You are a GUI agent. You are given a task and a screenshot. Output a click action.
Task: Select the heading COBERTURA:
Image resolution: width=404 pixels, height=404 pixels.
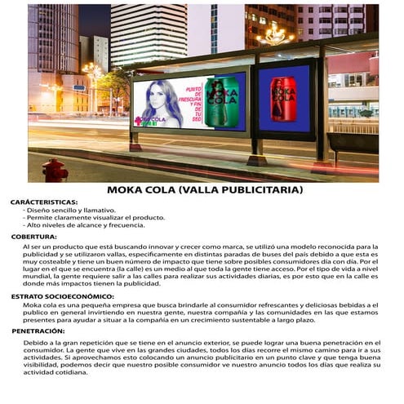pos(33,237)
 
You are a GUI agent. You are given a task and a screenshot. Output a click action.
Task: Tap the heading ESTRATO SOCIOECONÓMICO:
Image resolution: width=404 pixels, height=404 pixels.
pos(62,296)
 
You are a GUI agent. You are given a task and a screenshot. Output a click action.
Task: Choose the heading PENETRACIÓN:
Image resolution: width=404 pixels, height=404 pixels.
pos(38,331)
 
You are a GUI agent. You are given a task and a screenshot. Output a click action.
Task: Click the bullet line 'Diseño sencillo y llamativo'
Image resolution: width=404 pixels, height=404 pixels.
pos(70,211)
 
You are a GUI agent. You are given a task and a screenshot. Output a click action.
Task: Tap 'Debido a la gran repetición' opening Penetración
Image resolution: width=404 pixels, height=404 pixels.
pos(65,343)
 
